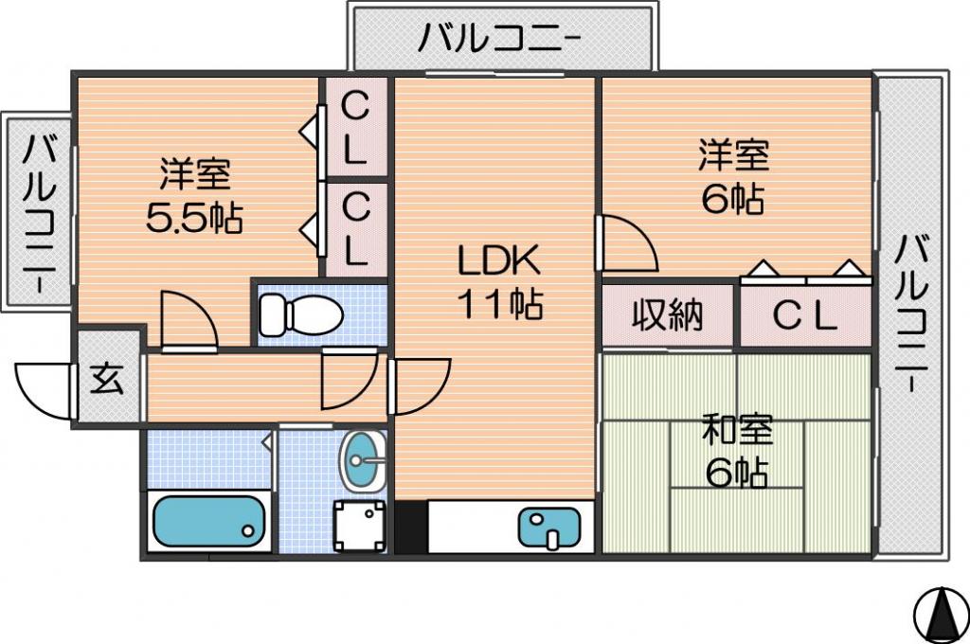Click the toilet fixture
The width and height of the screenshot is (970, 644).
tap(300, 313)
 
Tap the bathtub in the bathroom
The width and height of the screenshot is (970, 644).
tap(209, 522)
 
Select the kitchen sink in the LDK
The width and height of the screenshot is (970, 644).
tap(549, 528)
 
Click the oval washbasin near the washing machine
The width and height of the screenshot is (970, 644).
tap(363, 460)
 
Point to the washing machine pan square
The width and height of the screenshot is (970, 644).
tap(359, 526)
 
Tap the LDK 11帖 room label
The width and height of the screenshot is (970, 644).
tap(499, 281)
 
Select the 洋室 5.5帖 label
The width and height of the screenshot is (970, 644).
tap(194, 195)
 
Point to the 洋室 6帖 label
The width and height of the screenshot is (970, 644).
tap(734, 177)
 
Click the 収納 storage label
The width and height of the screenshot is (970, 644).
tap(668, 315)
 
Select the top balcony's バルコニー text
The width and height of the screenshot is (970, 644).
tap(500, 38)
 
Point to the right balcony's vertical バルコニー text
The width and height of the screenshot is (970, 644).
tap(912, 313)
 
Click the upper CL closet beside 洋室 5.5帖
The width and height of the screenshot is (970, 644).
tap(356, 127)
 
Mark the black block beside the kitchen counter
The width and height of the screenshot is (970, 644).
tap(411, 528)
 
